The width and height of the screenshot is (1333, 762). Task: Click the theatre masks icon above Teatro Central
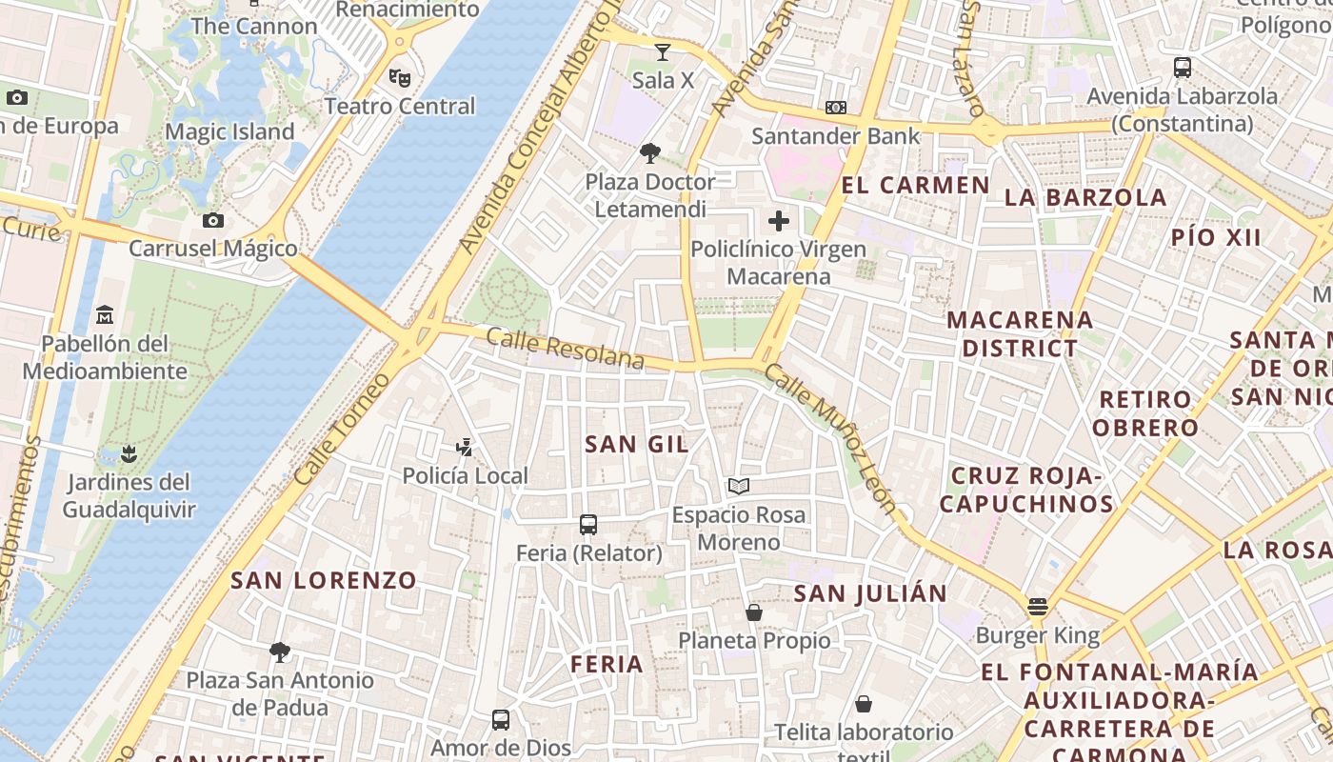coord(399,76)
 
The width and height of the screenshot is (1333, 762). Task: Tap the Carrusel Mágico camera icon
coord(213,221)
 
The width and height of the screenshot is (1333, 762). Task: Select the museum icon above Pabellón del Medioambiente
coord(105,314)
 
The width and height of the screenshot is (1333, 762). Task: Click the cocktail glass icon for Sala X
coord(663,51)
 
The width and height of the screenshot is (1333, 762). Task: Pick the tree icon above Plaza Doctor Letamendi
coord(650,152)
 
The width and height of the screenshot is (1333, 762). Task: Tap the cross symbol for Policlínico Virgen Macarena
coord(779,221)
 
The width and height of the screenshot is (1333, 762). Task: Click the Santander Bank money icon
coord(836,108)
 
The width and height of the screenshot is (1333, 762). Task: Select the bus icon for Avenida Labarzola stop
coord(1183,68)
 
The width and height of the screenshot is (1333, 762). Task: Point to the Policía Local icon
coord(465,447)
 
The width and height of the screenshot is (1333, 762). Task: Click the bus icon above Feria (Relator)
coord(588,524)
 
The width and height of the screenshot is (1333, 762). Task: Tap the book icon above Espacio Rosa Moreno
coord(739,486)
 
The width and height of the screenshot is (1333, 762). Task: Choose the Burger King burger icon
coord(1038,607)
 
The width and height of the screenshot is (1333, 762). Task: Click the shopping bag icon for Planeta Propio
coord(754,612)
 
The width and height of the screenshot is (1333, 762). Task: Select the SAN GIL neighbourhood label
coord(637,444)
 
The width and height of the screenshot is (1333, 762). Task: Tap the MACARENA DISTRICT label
coord(1020,333)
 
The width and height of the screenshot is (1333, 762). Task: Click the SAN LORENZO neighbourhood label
coord(324,580)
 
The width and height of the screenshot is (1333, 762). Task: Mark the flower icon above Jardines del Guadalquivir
coord(129,452)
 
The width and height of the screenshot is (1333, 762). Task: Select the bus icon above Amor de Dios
coord(501,720)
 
